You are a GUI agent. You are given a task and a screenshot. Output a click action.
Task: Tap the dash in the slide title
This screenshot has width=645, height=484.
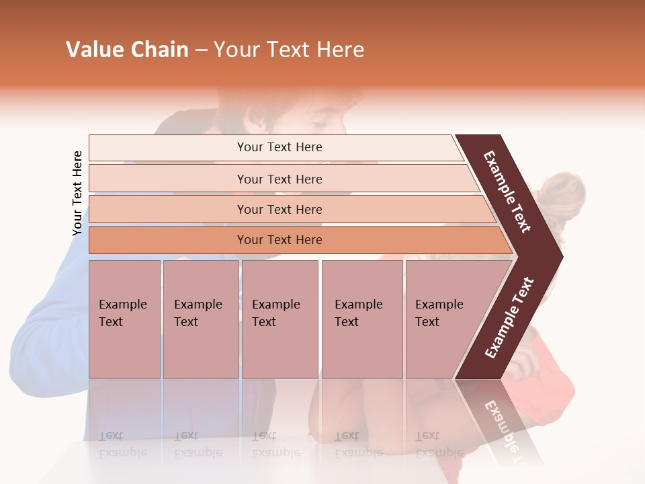201,50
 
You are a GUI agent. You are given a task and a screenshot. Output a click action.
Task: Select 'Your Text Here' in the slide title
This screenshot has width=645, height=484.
289,50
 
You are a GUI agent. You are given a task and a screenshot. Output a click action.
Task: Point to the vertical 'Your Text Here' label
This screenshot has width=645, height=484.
77,193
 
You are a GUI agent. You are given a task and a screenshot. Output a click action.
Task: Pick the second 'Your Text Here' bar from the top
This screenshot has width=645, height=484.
279,179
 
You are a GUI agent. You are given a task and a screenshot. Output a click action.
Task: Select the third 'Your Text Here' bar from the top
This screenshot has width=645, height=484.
279,209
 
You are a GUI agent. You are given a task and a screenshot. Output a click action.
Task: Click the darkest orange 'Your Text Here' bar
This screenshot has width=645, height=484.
279,240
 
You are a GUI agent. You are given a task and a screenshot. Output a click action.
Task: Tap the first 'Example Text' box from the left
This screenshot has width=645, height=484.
124,319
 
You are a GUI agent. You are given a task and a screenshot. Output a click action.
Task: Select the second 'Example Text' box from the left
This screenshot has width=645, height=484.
200,319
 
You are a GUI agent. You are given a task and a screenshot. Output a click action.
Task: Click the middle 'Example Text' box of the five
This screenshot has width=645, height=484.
279,319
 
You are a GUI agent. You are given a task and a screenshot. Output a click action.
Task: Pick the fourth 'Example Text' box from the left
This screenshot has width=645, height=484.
361,319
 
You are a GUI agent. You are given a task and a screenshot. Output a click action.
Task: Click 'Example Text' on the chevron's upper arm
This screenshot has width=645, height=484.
507,192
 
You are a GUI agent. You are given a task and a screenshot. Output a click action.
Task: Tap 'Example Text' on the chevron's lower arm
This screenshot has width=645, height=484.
509,318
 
